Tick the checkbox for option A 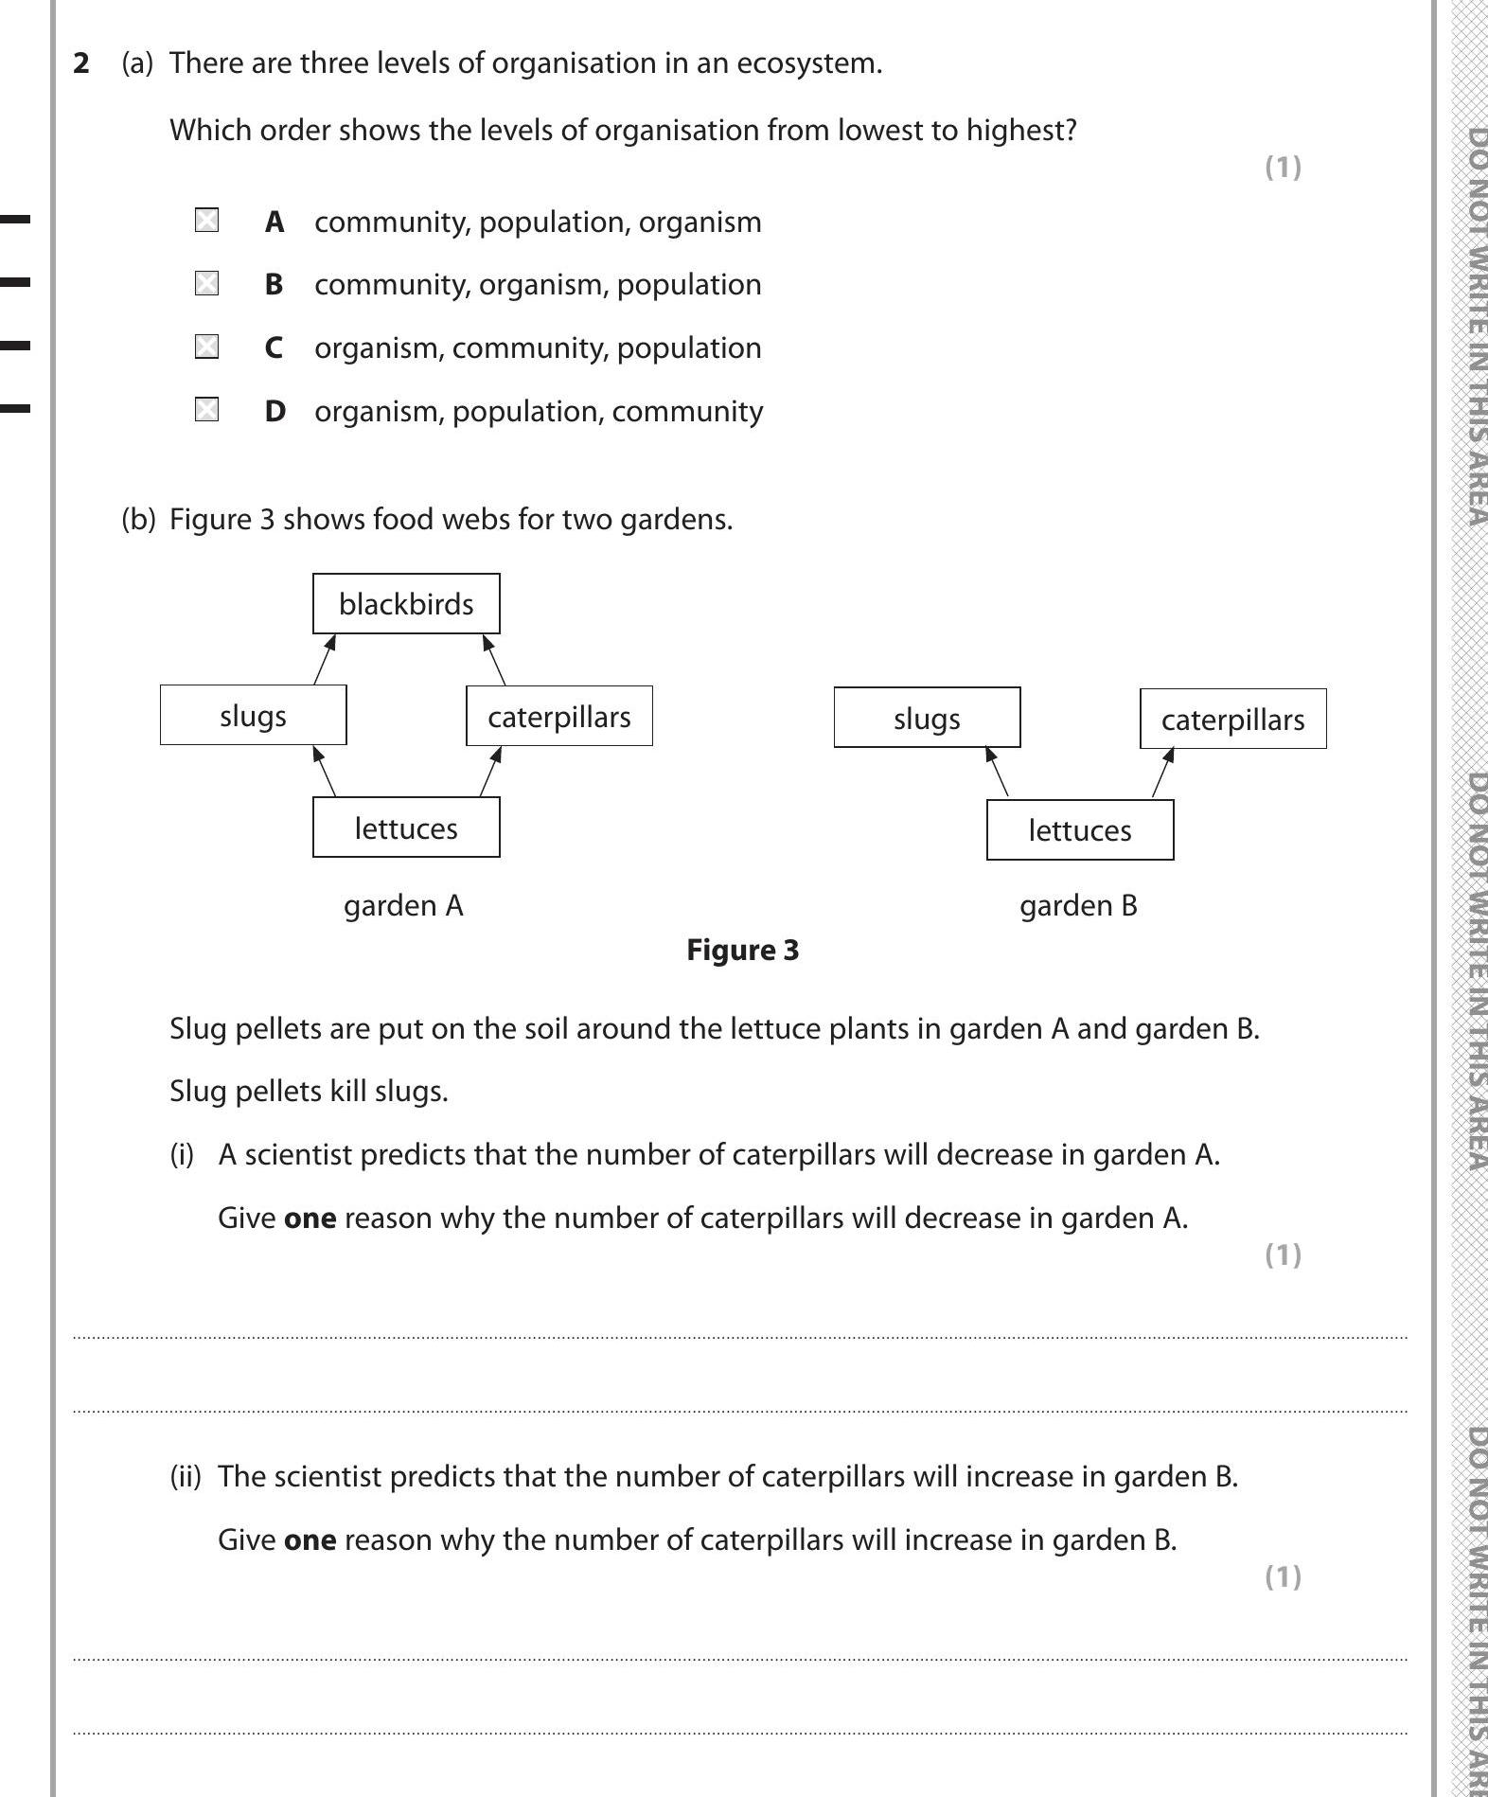pos(206,221)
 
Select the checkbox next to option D pos(206,410)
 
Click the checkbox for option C pos(206,347)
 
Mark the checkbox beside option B pos(206,283)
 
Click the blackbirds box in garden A pos(406,604)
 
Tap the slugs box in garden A pos(253,716)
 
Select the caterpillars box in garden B pos(1232,720)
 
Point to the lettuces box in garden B pos(1079,830)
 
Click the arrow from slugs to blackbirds pos(325,660)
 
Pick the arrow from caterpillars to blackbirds pos(494,660)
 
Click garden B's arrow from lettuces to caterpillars pos(1163,773)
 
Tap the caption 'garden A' pos(403,906)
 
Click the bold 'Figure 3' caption pos(742,950)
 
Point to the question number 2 pos(81,63)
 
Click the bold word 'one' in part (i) pos(310,1218)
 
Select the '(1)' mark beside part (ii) pos(1283,1576)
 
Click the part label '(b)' pos(138,520)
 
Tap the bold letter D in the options pos(275,412)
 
